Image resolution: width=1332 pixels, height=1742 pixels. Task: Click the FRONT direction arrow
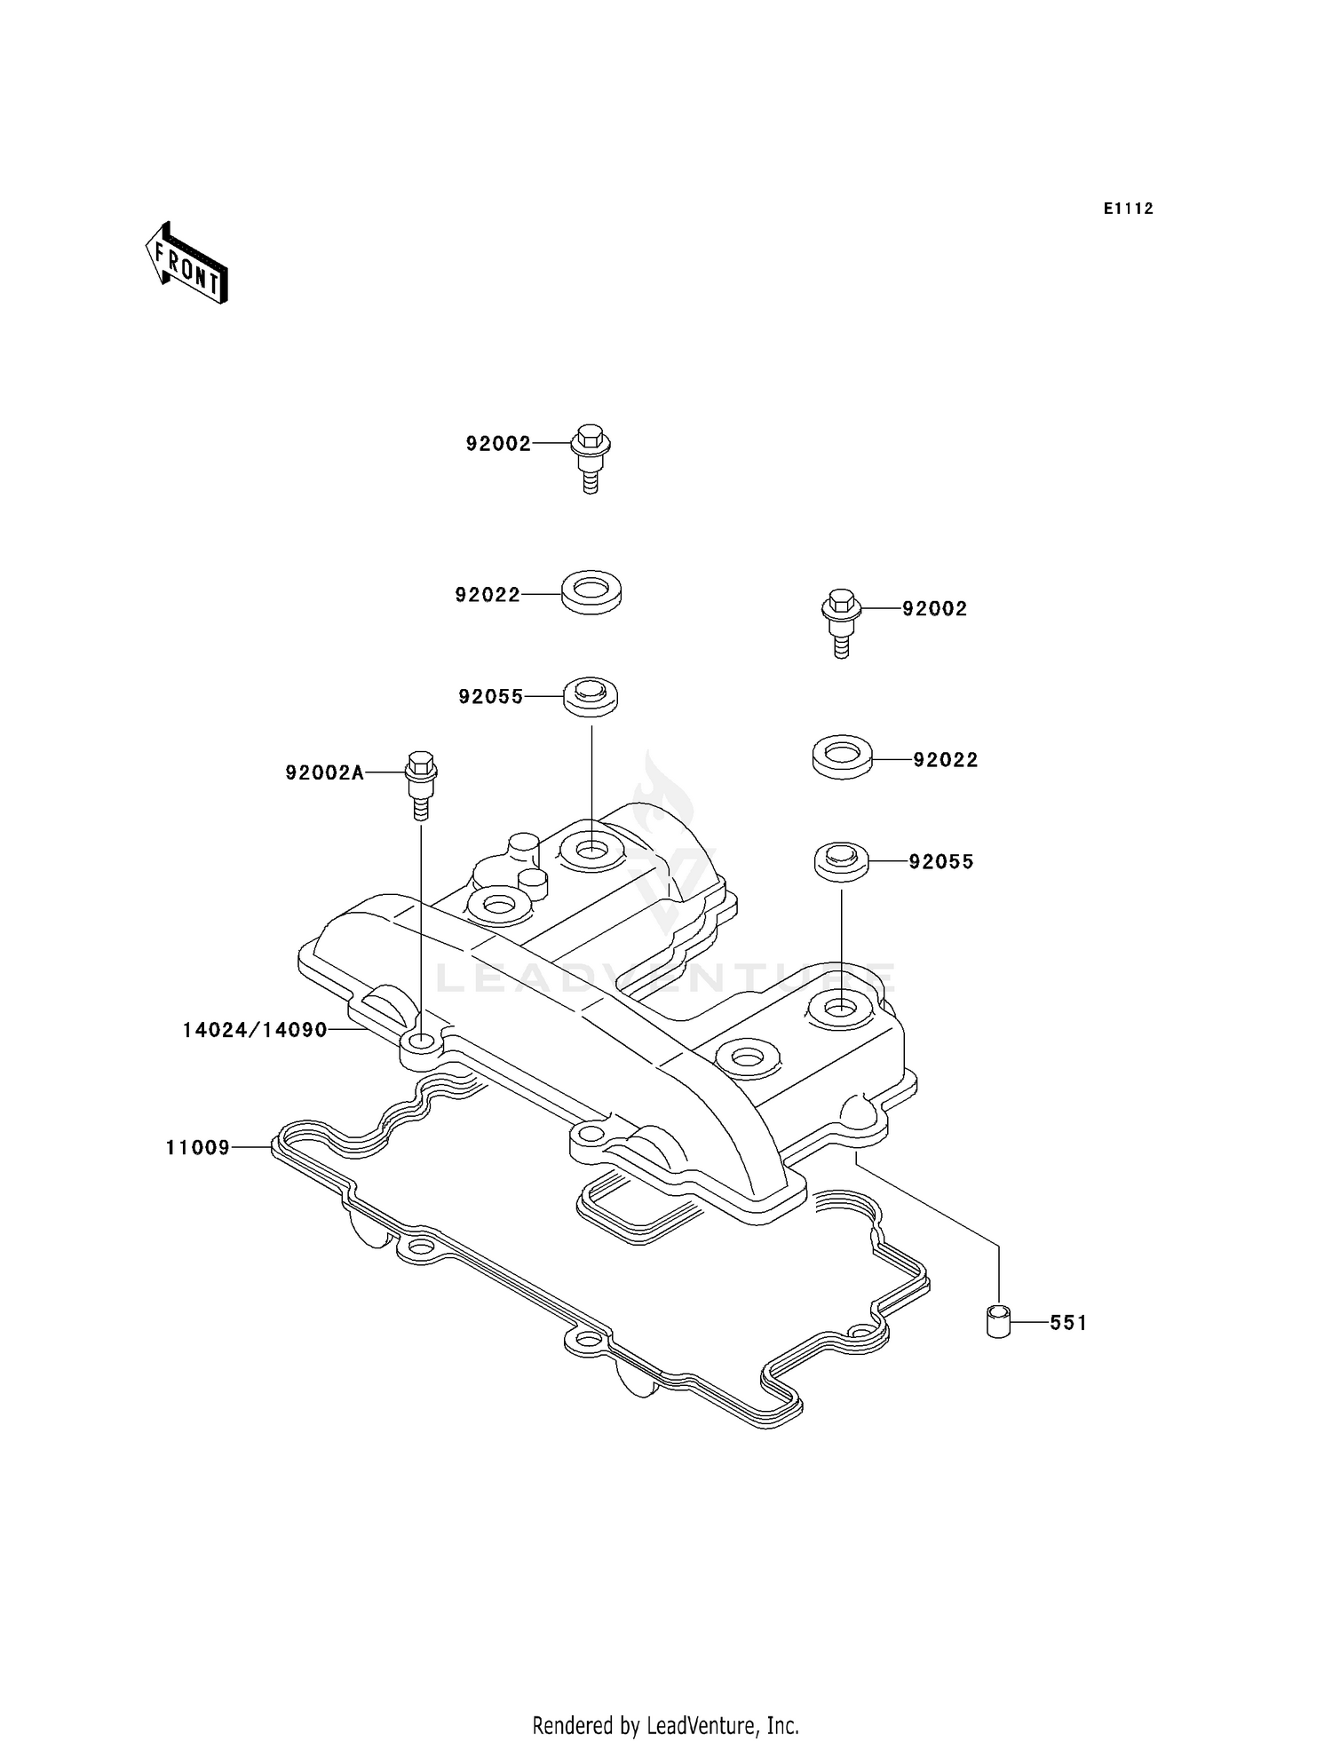pyautogui.click(x=187, y=264)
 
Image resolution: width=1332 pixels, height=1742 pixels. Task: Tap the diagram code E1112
pyautogui.click(x=1128, y=209)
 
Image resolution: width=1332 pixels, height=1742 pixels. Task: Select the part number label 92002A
pyautogui.click(x=324, y=773)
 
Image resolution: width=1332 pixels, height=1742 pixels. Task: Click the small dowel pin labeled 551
pyautogui.click(x=998, y=1322)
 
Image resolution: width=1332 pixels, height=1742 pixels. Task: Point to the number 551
pyautogui.click(x=1068, y=1323)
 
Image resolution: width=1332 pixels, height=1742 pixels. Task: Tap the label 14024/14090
pyautogui.click(x=255, y=1030)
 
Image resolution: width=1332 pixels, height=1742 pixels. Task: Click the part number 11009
pyautogui.click(x=197, y=1148)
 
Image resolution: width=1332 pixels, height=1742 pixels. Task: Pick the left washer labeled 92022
pyautogui.click(x=591, y=591)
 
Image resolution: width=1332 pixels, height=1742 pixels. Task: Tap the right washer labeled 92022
pyautogui.click(x=842, y=756)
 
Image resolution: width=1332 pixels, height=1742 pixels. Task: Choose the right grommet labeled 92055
pyautogui.click(x=841, y=861)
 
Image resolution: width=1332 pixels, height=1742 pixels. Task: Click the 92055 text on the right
pyautogui.click(x=940, y=861)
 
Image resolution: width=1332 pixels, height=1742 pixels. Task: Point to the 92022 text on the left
pyautogui.click(x=488, y=595)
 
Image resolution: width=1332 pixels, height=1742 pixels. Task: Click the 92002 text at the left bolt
pyautogui.click(x=498, y=444)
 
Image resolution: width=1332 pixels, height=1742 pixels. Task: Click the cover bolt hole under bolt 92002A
pyautogui.click(x=423, y=1041)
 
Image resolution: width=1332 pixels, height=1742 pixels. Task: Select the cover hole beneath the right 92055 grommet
pyautogui.click(x=839, y=1007)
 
